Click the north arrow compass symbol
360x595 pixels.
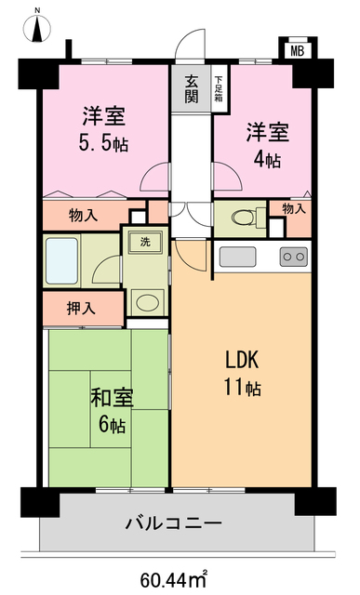click(x=38, y=26)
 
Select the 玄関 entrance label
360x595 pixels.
click(x=190, y=89)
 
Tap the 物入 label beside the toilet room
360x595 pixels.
click(x=293, y=209)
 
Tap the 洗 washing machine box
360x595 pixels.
click(x=146, y=243)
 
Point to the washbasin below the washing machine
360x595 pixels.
click(x=145, y=301)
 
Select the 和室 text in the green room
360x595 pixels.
click(x=111, y=399)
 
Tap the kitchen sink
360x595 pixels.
click(x=236, y=257)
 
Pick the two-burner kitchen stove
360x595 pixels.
click(x=293, y=257)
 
